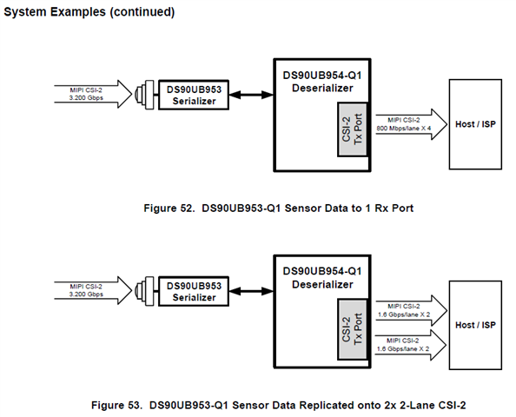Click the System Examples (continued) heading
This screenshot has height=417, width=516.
coord(89,12)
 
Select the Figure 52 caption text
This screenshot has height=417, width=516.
coord(278,208)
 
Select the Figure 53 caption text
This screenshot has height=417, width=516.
coord(278,405)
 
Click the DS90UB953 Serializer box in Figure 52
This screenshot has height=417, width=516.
coord(194,95)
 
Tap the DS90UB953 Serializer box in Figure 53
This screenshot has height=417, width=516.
coord(194,291)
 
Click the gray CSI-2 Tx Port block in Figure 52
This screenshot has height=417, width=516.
coord(352,129)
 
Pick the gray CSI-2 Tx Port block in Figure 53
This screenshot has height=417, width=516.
coord(352,329)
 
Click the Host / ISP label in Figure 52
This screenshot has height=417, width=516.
coord(475,124)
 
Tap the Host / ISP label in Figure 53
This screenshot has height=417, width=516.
coord(475,325)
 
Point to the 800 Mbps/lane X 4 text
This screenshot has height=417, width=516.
coord(403,129)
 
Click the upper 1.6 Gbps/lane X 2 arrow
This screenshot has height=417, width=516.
coord(412,310)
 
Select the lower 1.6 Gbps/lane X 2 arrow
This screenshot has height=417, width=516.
coord(411,345)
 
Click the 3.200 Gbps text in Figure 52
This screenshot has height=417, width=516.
coord(86,98)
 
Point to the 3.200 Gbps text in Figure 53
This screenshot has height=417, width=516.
coord(86,295)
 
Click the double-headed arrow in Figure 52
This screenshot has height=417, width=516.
coord(251,95)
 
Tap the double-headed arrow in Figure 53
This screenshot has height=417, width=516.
coord(251,291)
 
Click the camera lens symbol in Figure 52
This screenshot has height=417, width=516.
coord(144,95)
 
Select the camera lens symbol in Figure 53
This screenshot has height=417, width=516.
coord(144,291)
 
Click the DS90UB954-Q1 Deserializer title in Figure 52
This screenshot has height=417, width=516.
coord(322,82)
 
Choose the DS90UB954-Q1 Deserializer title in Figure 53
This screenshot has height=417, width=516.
coord(322,278)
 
